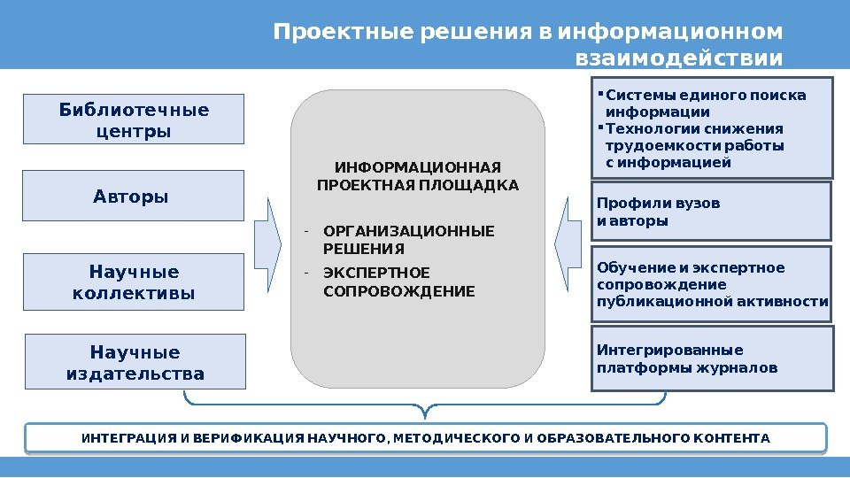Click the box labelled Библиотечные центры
pyautogui.click(x=133, y=119)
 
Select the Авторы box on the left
pyautogui.click(x=133, y=196)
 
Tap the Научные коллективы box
pyautogui.click(x=133, y=281)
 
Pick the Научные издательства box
pyautogui.click(x=135, y=362)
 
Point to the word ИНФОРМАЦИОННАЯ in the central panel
pyautogui.click(x=417, y=167)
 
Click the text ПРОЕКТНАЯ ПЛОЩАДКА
pyautogui.click(x=417, y=185)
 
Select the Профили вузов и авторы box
pyautogui.click(x=711, y=212)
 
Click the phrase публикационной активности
pyautogui.click(x=713, y=302)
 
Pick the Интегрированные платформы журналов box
pyautogui.click(x=713, y=358)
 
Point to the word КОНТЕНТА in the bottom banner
pyautogui.click(x=732, y=438)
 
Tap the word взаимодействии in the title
pyautogui.click(x=679, y=59)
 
